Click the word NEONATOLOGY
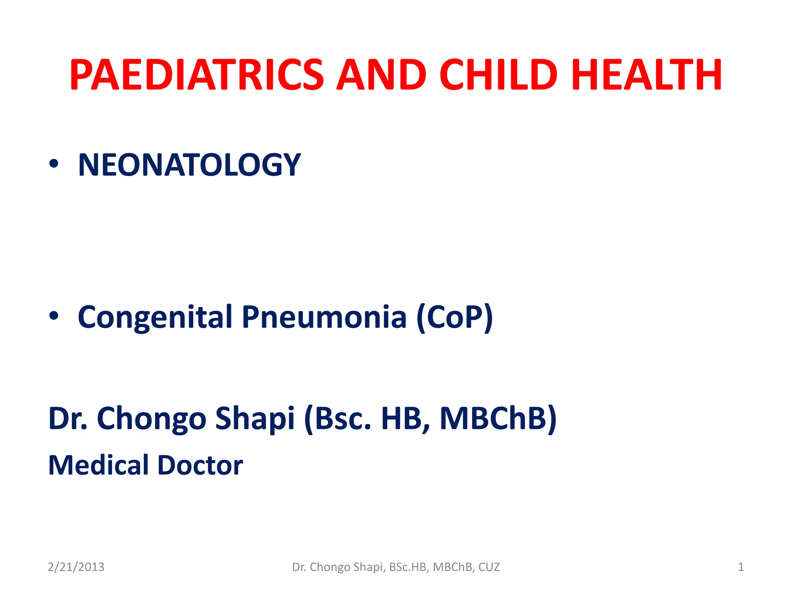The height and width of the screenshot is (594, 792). pyautogui.click(x=189, y=165)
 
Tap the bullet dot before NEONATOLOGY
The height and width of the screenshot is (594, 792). pyautogui.click(x=54, y=164)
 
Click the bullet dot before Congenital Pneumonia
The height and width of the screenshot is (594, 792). pyautogui.click(x=54, y=316)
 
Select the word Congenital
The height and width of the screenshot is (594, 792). pyautogui.click(x=155, y=317)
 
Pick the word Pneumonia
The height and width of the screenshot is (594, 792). pyautogui.click(x=324, y=317)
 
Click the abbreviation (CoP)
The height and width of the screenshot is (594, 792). pyautogui.click(x=455, y=317)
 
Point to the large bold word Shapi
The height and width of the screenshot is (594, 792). pyautogui.click(x=255, y=418)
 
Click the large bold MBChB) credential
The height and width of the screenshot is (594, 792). pyautogui.click(x=498, y=418)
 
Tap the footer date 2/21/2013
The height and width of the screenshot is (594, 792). pyautogui.click(x=76, y=567)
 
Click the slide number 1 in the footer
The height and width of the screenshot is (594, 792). pyautogui.click(x=741, y=567)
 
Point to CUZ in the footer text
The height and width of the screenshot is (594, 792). pyautogui.click(x=489, y=567)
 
